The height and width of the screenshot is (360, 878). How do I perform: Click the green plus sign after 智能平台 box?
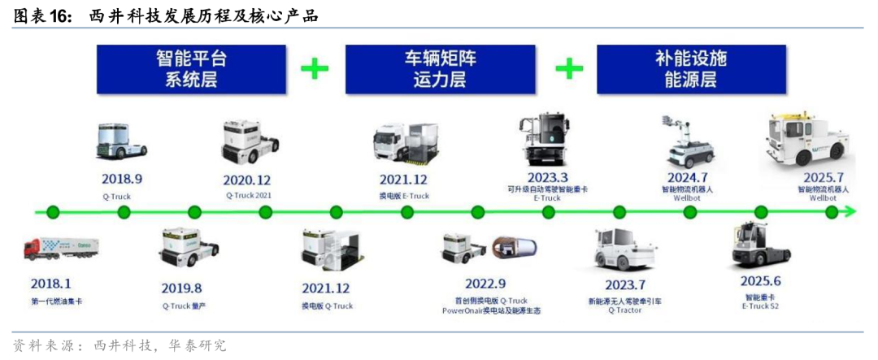(x=315, y=68)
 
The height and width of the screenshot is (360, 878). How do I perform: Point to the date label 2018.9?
(x=122, y=179)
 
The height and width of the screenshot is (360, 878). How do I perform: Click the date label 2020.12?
(x=248, y=179)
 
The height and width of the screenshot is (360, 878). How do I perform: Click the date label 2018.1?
(x=50, y=285)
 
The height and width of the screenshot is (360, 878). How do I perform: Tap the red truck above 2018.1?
(x=61, y=247)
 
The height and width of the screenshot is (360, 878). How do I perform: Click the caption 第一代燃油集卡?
(x=56, y=302)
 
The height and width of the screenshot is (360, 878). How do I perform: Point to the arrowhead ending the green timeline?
(x=850, y=212)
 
